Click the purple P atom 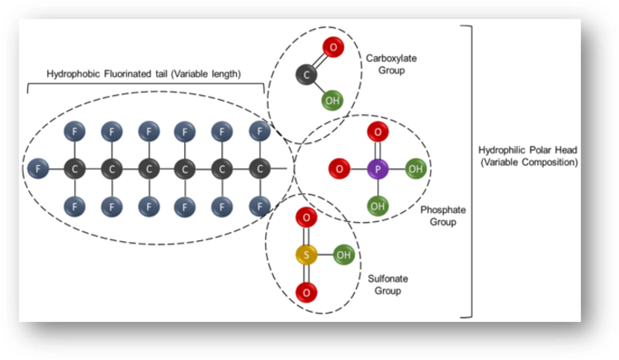376,169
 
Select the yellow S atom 305,254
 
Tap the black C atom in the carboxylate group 306,76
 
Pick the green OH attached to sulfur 343,254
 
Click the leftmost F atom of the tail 35,168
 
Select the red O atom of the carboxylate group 333,48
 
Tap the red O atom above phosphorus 376,131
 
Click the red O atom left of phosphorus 338,169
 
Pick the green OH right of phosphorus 415,169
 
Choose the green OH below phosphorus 376,206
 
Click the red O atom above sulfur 305,218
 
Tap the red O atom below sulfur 305,291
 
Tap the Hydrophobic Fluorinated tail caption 145,73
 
